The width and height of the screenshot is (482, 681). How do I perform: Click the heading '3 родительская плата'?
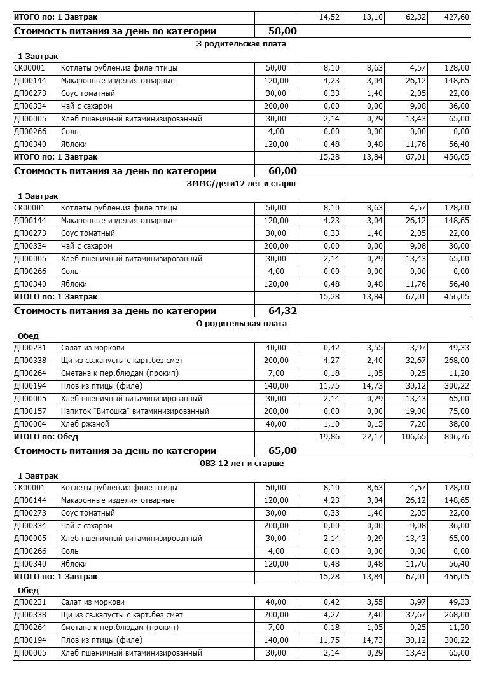point(242,44)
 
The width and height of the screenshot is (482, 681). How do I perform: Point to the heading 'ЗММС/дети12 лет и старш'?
point(242,184)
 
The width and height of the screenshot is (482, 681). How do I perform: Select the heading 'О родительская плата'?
point(242,324)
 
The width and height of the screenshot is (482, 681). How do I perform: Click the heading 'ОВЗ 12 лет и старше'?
point(242,464)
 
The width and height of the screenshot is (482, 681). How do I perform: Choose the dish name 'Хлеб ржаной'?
point(85,424)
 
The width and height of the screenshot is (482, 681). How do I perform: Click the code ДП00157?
point(30,411)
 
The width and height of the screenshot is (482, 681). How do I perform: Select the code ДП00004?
point(30,424)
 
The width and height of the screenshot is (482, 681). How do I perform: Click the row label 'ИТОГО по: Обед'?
point(46,437)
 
